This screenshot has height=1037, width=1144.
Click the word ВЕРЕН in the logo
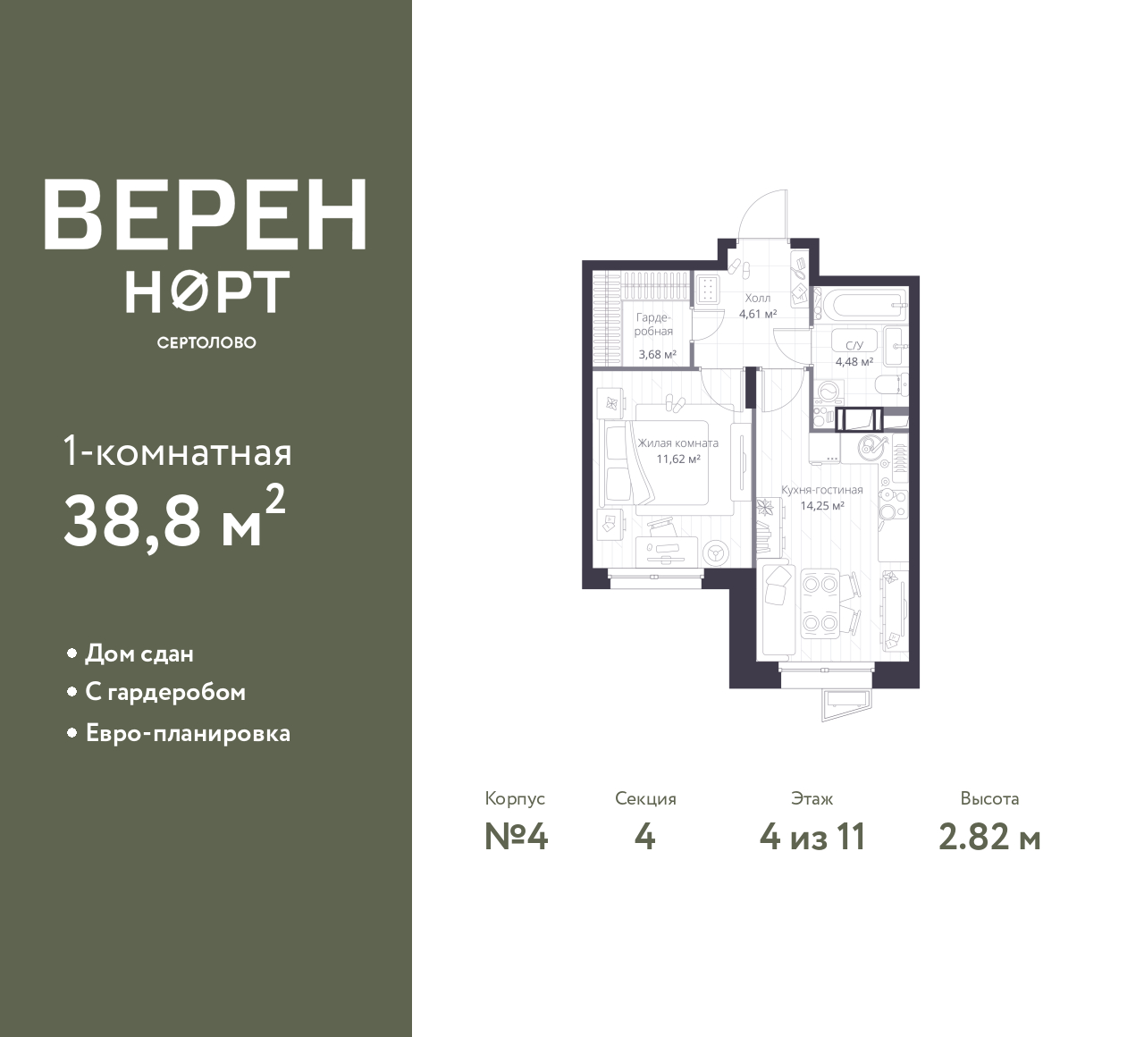tap(206, 215)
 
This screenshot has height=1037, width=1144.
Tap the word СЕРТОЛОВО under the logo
tap(206, 342)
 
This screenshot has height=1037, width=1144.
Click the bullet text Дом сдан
tap(139, 653)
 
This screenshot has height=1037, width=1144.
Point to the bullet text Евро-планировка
tap(188, 734)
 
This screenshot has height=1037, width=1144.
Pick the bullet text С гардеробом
tap(165, 693)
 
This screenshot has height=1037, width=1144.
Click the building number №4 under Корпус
tap(516, 838)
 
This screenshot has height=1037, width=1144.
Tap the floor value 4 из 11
tap(812, 838)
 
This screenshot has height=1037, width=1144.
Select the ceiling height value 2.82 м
tap(990, 838)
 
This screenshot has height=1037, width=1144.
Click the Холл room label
tap(757, 299)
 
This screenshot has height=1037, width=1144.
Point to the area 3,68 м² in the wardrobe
tap(657, 354)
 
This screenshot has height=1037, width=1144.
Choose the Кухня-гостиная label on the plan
tap(821, 489)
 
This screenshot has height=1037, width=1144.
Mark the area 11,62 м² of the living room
tap(678, 459)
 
